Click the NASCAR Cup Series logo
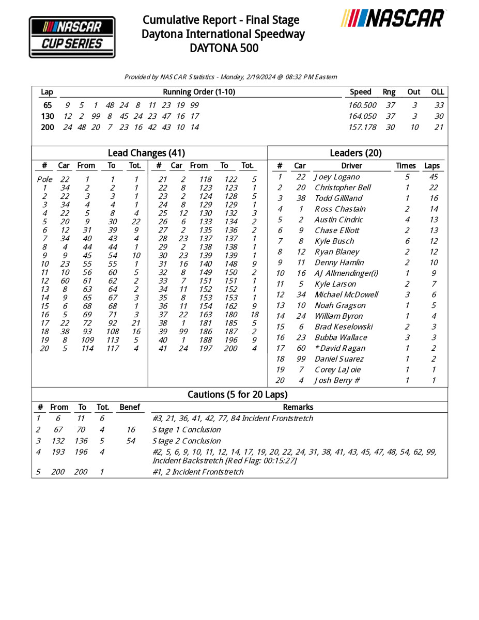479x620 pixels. tap(72, 36)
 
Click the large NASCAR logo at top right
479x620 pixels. tap(393, 19)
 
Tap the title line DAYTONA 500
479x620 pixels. tap(224, 49)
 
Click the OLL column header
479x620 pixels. tap(437, 92)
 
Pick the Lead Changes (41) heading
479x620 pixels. tap(146, 153)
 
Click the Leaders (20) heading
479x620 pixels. tap(356, 153)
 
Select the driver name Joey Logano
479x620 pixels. tap(337, 177)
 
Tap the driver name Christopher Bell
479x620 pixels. tap(343, 188)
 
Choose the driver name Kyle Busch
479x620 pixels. tap(334, 241)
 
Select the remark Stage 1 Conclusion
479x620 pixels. tap(187, 430)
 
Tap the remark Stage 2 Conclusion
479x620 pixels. tap(187, 441)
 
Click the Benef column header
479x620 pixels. tap(129, 407)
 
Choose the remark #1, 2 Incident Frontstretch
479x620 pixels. tap(198, 472)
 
